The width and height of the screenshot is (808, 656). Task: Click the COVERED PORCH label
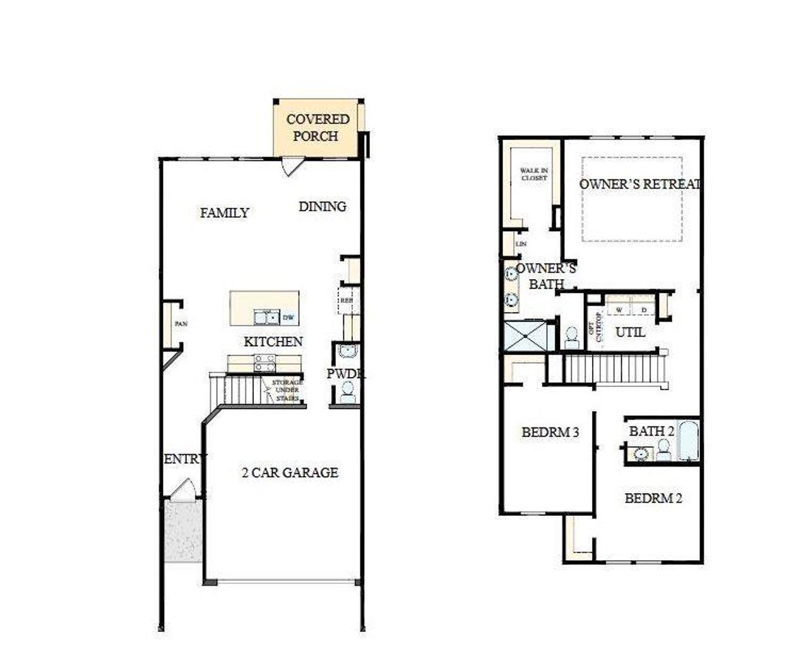click(318, 128)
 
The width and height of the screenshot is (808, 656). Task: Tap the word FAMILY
click(225, 213)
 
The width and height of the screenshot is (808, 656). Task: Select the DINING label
click(322, 206)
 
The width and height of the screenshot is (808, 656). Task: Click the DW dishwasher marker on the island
click(288, 317)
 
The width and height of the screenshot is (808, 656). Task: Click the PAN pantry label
click(181, 324)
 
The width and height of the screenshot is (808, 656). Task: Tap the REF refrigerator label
click(346, 301)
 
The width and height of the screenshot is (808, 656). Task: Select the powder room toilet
click(347, 392)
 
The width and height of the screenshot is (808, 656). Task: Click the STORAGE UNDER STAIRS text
click(287, 390)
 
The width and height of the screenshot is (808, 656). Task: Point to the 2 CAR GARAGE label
click(290, 472)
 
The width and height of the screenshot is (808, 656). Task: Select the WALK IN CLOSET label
click(534, 174)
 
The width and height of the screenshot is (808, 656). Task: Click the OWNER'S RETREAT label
click(639, 184)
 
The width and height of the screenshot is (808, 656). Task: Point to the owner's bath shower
click(525, 337)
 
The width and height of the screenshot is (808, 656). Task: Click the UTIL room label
click(630, 331)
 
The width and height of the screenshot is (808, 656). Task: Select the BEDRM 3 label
click(550, 432)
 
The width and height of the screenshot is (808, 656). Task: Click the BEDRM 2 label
click(653, 498)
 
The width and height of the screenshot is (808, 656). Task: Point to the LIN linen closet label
click(521, 244)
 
